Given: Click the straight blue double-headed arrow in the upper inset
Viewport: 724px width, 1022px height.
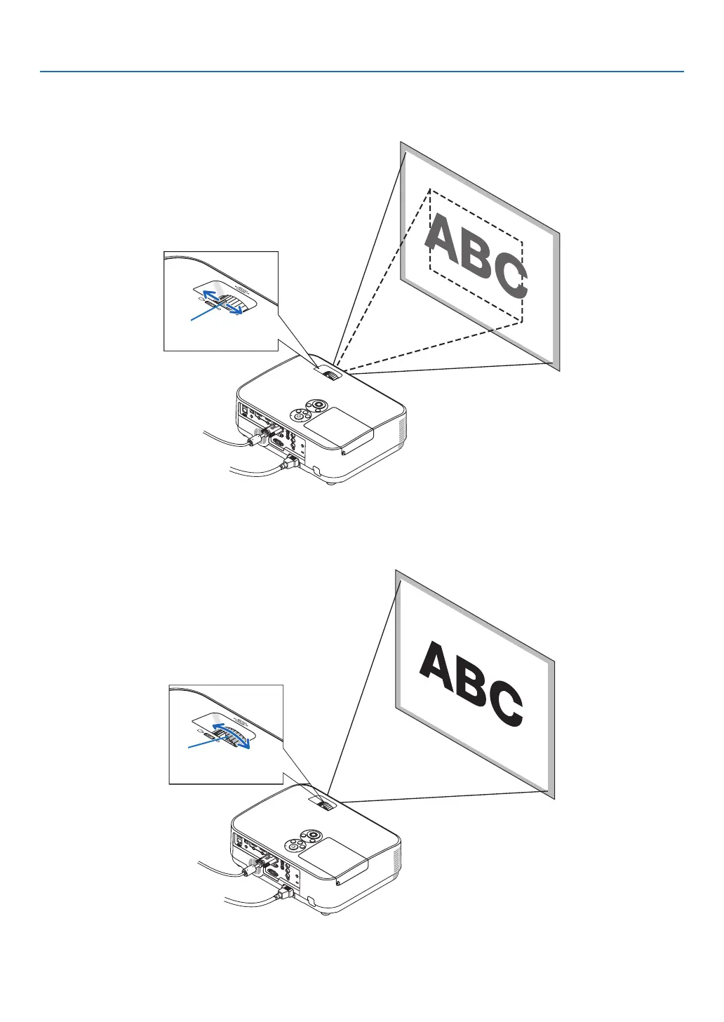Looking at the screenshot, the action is (x=221, y=301).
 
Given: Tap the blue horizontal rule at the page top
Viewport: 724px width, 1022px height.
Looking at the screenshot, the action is (x=361, y=72).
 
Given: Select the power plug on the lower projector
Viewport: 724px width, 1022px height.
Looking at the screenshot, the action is (x=286, y=892).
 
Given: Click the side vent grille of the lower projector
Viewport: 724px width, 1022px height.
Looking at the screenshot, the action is (x=397, y=859).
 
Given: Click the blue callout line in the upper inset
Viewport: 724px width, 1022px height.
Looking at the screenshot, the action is (x=203, y=315).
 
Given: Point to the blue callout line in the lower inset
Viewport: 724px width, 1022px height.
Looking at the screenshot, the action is (x=201, y=743).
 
